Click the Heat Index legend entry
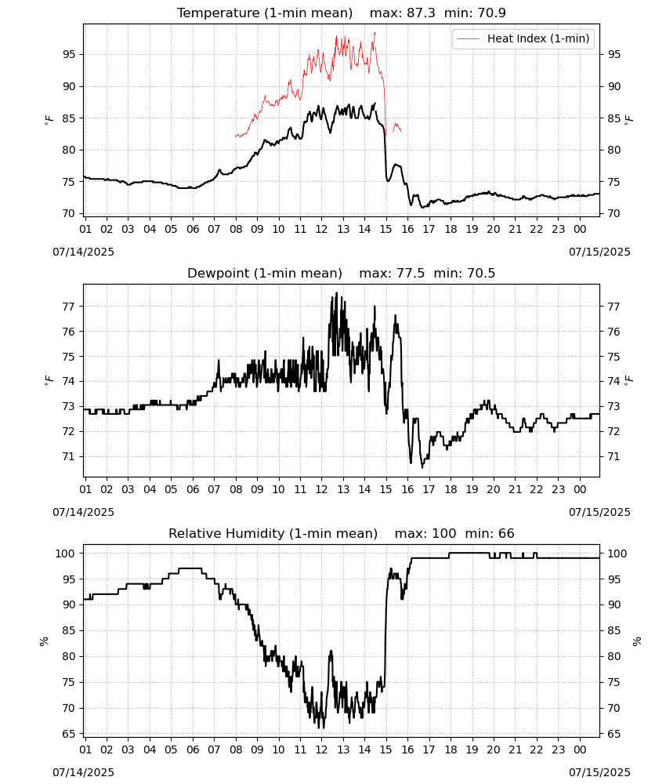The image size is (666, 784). [523, 38]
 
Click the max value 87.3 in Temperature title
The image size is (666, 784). [421, 13]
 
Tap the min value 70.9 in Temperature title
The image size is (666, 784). [491, 13]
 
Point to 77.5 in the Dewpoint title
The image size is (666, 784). [411, 273]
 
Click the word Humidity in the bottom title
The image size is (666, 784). [255, 533]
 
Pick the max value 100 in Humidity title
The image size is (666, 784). [443, 533]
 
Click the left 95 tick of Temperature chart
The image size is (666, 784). [69, 55]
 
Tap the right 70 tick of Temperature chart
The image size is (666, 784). [614, 213]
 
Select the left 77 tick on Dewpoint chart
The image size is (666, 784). [69, 307]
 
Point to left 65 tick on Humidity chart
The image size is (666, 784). [69, 734]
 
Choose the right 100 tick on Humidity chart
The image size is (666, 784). [617, 554]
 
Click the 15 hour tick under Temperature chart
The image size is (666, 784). [386, 229]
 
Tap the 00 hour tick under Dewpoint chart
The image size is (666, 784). [580, 489]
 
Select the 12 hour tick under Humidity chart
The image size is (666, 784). [322, 750]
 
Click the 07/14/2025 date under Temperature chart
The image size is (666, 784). [83, 252]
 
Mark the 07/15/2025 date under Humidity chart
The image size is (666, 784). [599, 772]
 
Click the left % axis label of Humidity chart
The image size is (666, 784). [44, 641]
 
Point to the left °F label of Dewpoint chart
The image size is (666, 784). [49, 381]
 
